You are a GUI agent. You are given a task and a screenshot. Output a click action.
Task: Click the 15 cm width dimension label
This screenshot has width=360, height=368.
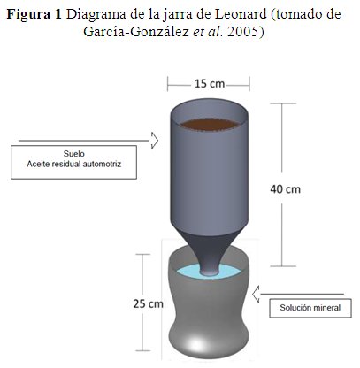(210, 84)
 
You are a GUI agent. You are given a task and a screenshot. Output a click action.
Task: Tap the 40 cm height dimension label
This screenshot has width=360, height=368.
(286, 189)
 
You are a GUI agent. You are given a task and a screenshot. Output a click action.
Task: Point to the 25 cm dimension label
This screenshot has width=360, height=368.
(148, 303)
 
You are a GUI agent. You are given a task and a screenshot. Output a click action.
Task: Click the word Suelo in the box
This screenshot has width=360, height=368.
(74, 154)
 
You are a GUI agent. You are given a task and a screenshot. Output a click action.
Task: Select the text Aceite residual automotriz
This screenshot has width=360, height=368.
(74, 164)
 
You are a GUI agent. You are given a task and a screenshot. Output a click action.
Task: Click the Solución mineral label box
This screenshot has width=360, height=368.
(310, 308)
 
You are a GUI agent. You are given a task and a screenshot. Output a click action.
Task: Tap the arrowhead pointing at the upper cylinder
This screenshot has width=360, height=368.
(155, 141)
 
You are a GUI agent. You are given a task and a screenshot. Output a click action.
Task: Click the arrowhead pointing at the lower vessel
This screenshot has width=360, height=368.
(256, 294)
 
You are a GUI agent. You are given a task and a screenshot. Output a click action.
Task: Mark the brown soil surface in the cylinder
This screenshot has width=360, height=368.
(210, 124)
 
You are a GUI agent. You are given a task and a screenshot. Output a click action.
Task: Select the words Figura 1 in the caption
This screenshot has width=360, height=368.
(34, 14)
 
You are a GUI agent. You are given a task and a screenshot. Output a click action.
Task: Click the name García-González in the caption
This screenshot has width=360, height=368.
(136, 32)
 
